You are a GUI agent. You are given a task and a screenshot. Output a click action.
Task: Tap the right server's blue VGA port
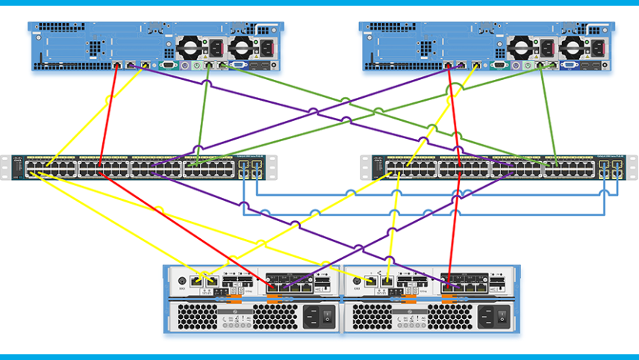tap(569, 65)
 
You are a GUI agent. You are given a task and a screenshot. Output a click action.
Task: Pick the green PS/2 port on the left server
tap(196, 65)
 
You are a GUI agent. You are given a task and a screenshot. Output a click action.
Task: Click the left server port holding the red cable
tap(117, 65)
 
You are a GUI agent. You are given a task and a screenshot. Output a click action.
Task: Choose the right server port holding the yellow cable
tap(476, 65)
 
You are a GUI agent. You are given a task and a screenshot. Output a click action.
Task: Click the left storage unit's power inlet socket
tap(311, 315)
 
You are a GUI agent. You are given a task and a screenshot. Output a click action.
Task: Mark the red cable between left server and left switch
tap(107, 112)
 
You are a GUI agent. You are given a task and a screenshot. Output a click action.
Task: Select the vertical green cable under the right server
tap(546, 112)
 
